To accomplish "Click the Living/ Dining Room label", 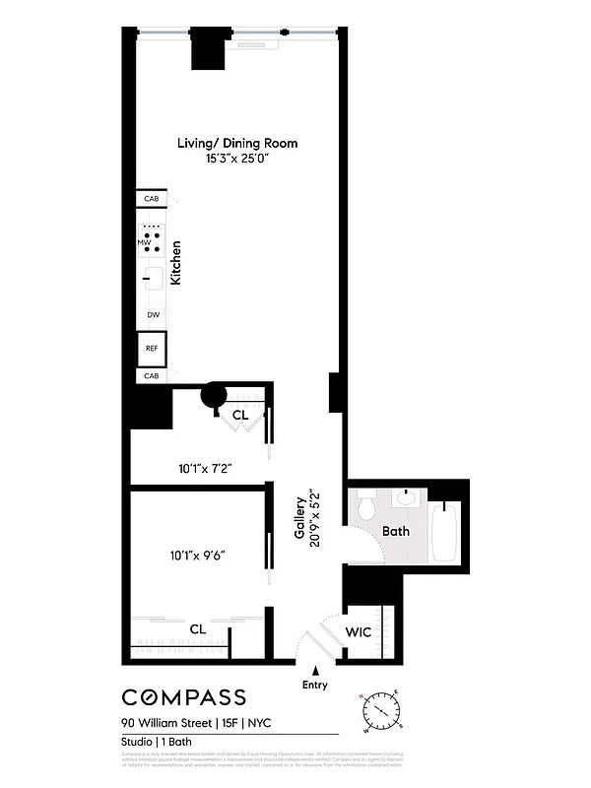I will [236, 143].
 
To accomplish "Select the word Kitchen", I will [176, 263].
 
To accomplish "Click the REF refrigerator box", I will [152, 348].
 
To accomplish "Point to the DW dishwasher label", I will [153, 315].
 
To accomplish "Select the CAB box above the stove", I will [151, 199].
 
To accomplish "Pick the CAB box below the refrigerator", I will [151, 376].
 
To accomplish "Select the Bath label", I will [395, 531].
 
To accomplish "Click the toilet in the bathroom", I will [367, 506].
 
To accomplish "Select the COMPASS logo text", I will [184, 697].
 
